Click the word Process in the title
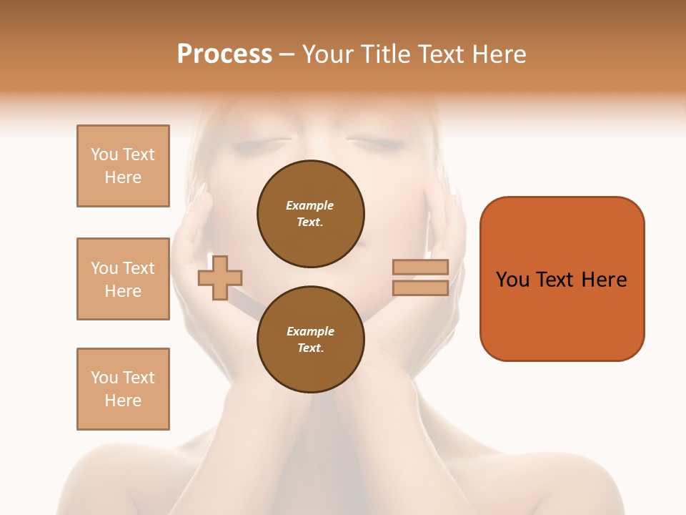(x=224, y=54)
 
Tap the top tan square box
(x=123, y=166)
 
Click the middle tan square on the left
(x=123, y=279)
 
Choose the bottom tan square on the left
(x=123, y=389)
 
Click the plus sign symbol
(x=220, y=277)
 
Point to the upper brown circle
(x=310, y=213)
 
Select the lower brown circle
(x=310, y=339)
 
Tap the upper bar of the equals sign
(x=420, y=267)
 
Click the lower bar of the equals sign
(x=420, y=288)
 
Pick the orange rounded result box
(x=562, y=278)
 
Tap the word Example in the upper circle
(x=310, y=205)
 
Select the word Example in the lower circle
(x=310, y=331)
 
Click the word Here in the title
(x=500, y=54)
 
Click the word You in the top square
(x=104, y=154)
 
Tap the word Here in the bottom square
(x=123, y=401)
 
